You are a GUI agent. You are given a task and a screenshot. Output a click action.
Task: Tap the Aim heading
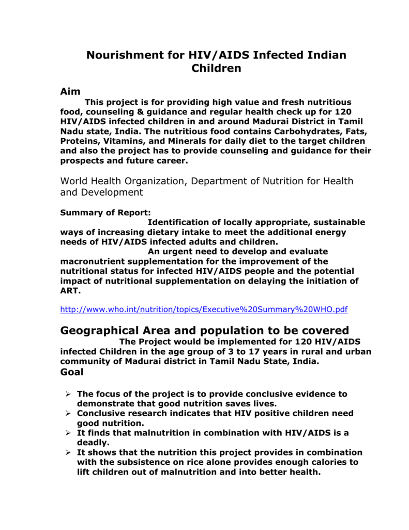pos(70,92)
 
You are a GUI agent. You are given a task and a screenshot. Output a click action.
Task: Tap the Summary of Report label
pos(105,212)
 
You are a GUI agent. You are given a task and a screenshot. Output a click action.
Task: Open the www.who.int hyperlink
pos(204,310)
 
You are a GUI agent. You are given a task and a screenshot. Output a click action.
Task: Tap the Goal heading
pos(72,372)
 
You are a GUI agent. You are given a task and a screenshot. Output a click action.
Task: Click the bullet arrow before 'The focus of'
pos(68,394)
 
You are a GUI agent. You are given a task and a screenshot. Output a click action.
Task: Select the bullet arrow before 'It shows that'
pos(68,452)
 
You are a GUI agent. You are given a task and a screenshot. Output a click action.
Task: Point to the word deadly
pos(94,443)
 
